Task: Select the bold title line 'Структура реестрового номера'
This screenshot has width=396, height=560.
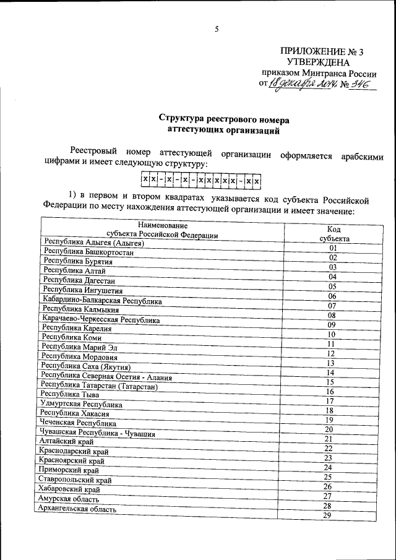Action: (x=223, y=119)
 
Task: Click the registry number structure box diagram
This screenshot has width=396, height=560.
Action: (x=199, y=180)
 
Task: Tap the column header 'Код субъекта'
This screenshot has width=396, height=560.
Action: (x=334, y=233)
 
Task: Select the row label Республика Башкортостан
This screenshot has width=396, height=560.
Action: (x=82, y=253)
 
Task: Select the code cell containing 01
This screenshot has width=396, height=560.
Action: (x=332, y=248)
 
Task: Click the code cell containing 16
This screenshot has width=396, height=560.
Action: (x=330, y=391)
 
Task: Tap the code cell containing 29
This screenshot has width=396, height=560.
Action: (x=328, y=516)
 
